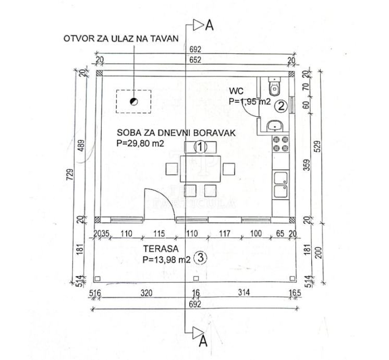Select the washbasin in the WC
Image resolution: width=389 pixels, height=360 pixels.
274,125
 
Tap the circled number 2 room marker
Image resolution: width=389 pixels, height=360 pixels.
281,106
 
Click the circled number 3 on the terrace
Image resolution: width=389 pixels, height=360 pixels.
199,257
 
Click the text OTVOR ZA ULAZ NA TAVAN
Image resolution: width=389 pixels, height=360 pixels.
121,38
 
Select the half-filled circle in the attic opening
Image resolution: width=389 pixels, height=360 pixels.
133,102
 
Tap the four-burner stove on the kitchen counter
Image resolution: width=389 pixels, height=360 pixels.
281,144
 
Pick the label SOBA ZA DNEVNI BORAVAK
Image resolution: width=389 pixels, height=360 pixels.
169,133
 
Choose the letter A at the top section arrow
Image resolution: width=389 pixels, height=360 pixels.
209,24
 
